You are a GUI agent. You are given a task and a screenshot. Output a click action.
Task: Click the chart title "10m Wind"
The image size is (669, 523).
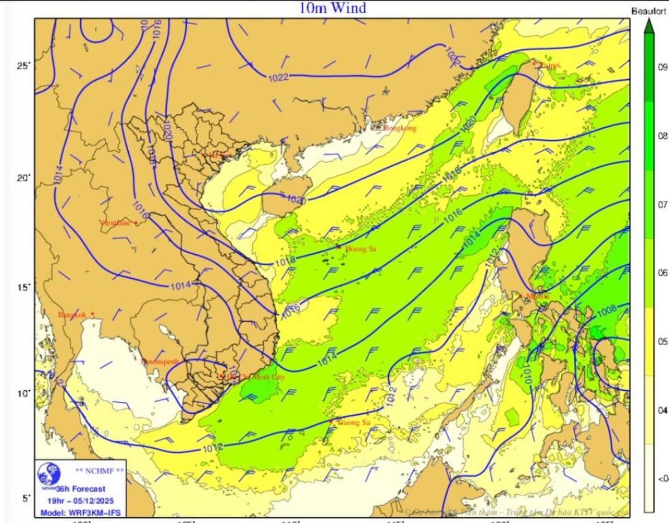(332, 8)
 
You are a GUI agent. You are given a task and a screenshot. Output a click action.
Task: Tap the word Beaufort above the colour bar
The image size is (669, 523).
(647, 11)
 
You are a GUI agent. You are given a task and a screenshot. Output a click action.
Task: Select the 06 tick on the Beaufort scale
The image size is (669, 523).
(663, 273)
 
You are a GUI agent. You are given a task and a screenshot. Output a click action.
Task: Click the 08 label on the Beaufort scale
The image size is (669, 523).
(663, 136)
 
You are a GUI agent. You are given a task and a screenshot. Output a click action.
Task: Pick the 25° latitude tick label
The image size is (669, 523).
(23, 66)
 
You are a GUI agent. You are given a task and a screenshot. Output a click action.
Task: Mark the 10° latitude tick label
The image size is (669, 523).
(23, 394)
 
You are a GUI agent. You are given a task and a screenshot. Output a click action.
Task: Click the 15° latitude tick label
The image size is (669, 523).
(23, 287)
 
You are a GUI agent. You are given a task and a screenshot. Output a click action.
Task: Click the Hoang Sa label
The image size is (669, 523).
(361, 249)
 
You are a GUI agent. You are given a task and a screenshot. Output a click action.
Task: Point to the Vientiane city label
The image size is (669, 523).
(114, 223)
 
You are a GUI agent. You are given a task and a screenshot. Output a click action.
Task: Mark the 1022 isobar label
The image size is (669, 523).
(278, 77)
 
